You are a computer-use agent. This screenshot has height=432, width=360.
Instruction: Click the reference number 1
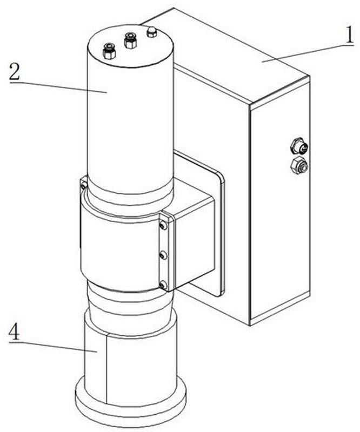(349, 35)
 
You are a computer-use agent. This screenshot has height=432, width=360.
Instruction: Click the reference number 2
(15, 71)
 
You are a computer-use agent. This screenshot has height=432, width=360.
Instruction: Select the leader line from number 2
(58, 87)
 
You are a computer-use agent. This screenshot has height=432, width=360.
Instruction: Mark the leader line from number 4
(52, 347)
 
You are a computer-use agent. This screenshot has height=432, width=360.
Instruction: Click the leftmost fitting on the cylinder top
(109, 50)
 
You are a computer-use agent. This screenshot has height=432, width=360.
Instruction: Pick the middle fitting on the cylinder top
(130, 40)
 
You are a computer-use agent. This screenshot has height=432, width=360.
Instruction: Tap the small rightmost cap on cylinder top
(152, 32)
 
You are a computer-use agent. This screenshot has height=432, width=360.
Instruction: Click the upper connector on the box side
(299, 146)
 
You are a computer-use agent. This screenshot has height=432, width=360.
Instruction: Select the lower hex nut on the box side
(299, 166)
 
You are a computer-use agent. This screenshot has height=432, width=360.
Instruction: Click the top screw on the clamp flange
(164, 226)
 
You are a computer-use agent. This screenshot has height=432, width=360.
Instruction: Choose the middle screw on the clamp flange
(164, 255)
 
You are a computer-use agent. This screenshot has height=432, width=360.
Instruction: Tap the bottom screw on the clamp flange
(163, 285)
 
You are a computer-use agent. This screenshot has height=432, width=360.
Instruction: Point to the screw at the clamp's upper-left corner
(84, 186)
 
